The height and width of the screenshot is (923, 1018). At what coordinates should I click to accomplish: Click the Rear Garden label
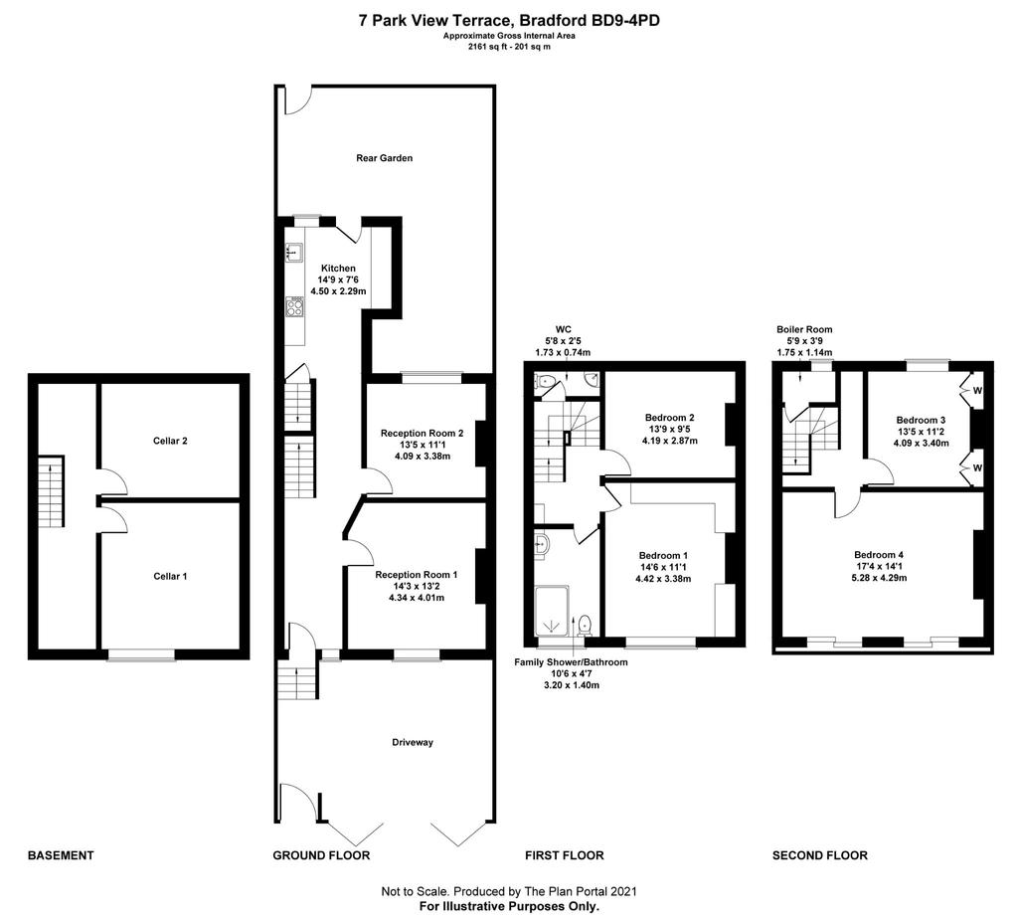coord(385,158)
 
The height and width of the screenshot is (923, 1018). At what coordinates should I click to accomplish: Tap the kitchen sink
coord(293,252)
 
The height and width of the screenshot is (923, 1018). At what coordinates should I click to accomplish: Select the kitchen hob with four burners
coord(294,306)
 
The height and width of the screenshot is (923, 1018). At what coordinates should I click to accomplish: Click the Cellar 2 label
coord(170,441)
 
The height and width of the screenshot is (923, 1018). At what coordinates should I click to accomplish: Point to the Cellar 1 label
coord(170,576)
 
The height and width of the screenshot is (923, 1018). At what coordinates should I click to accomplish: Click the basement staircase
coord(51,491)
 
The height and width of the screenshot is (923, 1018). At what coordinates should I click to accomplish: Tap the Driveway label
coord(413,742)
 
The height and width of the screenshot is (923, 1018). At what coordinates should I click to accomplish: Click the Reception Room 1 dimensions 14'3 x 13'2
coord(417,586)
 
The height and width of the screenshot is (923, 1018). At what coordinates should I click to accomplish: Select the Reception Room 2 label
coord(422,434)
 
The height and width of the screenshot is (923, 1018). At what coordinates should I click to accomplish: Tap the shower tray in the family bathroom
coord(552,612)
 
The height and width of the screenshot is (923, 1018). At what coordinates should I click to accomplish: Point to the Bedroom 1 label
coord(663,555)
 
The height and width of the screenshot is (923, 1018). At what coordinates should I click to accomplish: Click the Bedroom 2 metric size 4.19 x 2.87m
coord(670,441)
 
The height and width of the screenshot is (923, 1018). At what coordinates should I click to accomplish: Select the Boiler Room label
coord(804,329)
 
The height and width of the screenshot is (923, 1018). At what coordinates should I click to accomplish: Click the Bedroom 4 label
coord(879,555)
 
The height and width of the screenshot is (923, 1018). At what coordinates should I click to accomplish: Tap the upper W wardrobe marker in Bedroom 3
coord(977,391)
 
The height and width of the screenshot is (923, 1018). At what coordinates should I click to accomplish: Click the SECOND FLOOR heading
coord(820,855)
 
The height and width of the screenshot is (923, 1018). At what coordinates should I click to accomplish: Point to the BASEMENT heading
coord(61,855)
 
